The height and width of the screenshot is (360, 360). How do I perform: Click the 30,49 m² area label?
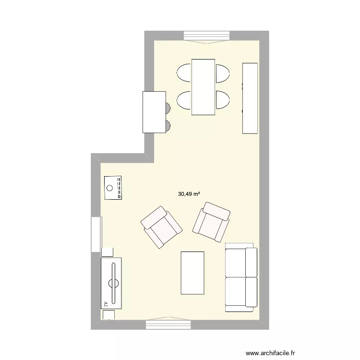189,194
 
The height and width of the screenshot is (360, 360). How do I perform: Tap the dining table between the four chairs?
203,87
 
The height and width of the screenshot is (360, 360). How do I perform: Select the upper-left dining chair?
185,72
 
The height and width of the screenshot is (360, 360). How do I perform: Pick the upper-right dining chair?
222,72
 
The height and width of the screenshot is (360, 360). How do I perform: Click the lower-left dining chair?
185,100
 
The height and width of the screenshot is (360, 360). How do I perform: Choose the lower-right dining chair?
222,100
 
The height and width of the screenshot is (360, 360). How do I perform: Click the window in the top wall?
207,36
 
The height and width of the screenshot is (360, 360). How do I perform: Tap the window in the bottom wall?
168,324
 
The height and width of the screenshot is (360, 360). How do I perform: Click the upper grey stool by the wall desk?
168,109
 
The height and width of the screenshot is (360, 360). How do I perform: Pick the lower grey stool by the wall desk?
168,126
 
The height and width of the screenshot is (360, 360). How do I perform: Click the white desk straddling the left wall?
154,112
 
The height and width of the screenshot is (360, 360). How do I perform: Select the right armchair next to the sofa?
211,221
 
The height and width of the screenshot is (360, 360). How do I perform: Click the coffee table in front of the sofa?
192,272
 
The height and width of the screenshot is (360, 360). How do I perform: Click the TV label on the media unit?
105,303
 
